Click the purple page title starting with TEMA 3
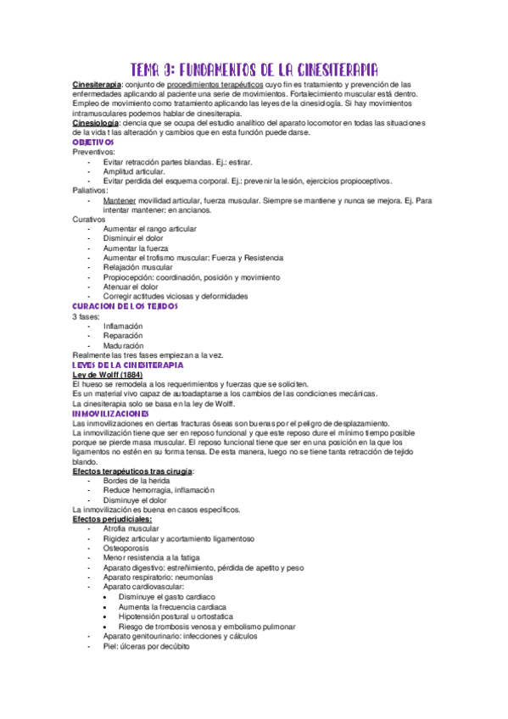tap(254, 70)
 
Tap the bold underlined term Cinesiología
tap(95, 123)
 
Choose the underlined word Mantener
tap(120, 200)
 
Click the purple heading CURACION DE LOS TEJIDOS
tap(125, 306)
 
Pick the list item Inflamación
tap(123, 326)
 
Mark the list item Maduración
tap(123, 345)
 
